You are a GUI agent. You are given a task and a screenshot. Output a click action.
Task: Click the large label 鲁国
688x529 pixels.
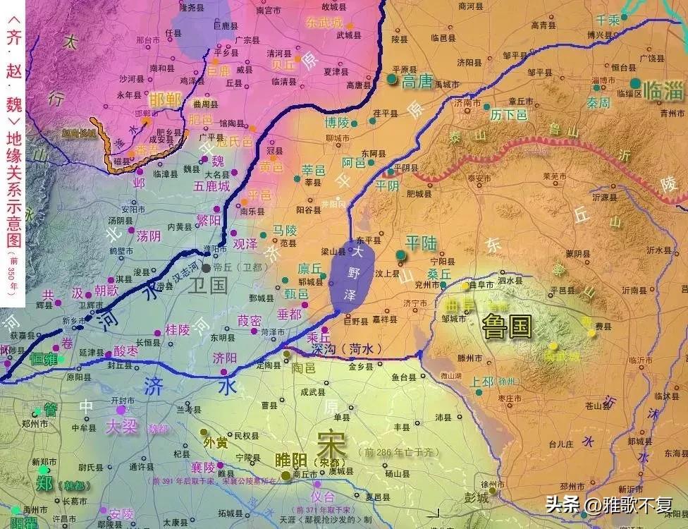pyautogui.click(x=507, y=327)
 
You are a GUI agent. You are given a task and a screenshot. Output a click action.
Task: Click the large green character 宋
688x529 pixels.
pyautogui.click(x=331, y=441)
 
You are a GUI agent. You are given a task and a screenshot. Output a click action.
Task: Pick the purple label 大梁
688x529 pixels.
pyautogui.click(x=121, y=427)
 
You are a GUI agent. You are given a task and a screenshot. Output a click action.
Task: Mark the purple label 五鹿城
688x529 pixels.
pyautogui.click(x=212, y=187)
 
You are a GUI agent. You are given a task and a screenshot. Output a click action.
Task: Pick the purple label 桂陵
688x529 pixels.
pyautogui.click(x=177, y=329)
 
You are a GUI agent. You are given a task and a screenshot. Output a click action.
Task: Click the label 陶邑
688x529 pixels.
pyautogui.click(x=303, y=367)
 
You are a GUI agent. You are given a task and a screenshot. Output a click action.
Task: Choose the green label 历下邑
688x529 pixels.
pyautogui.click(x=509, y=114)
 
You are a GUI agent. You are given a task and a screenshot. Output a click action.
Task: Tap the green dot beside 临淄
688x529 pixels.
pyautogui.click(x=636, y=83)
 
